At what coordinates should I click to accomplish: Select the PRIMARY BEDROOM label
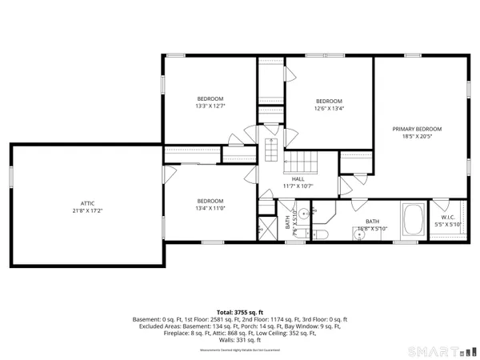pyautogui.click(x=416, y=129)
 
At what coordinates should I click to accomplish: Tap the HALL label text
pyautogui.click(x=298, y=179)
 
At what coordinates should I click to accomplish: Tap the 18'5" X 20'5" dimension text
pyautogui.click(x=416, y=137)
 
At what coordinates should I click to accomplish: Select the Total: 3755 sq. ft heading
pyautogui.click(x=239, y=312)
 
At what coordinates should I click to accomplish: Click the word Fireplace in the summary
pyautogui.click(x=146, y=333)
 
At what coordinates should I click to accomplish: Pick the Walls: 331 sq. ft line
pyautogui.click(x=239, y=339)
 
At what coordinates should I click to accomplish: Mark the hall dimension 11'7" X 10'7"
pyautogui.click(x=298, y=186)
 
